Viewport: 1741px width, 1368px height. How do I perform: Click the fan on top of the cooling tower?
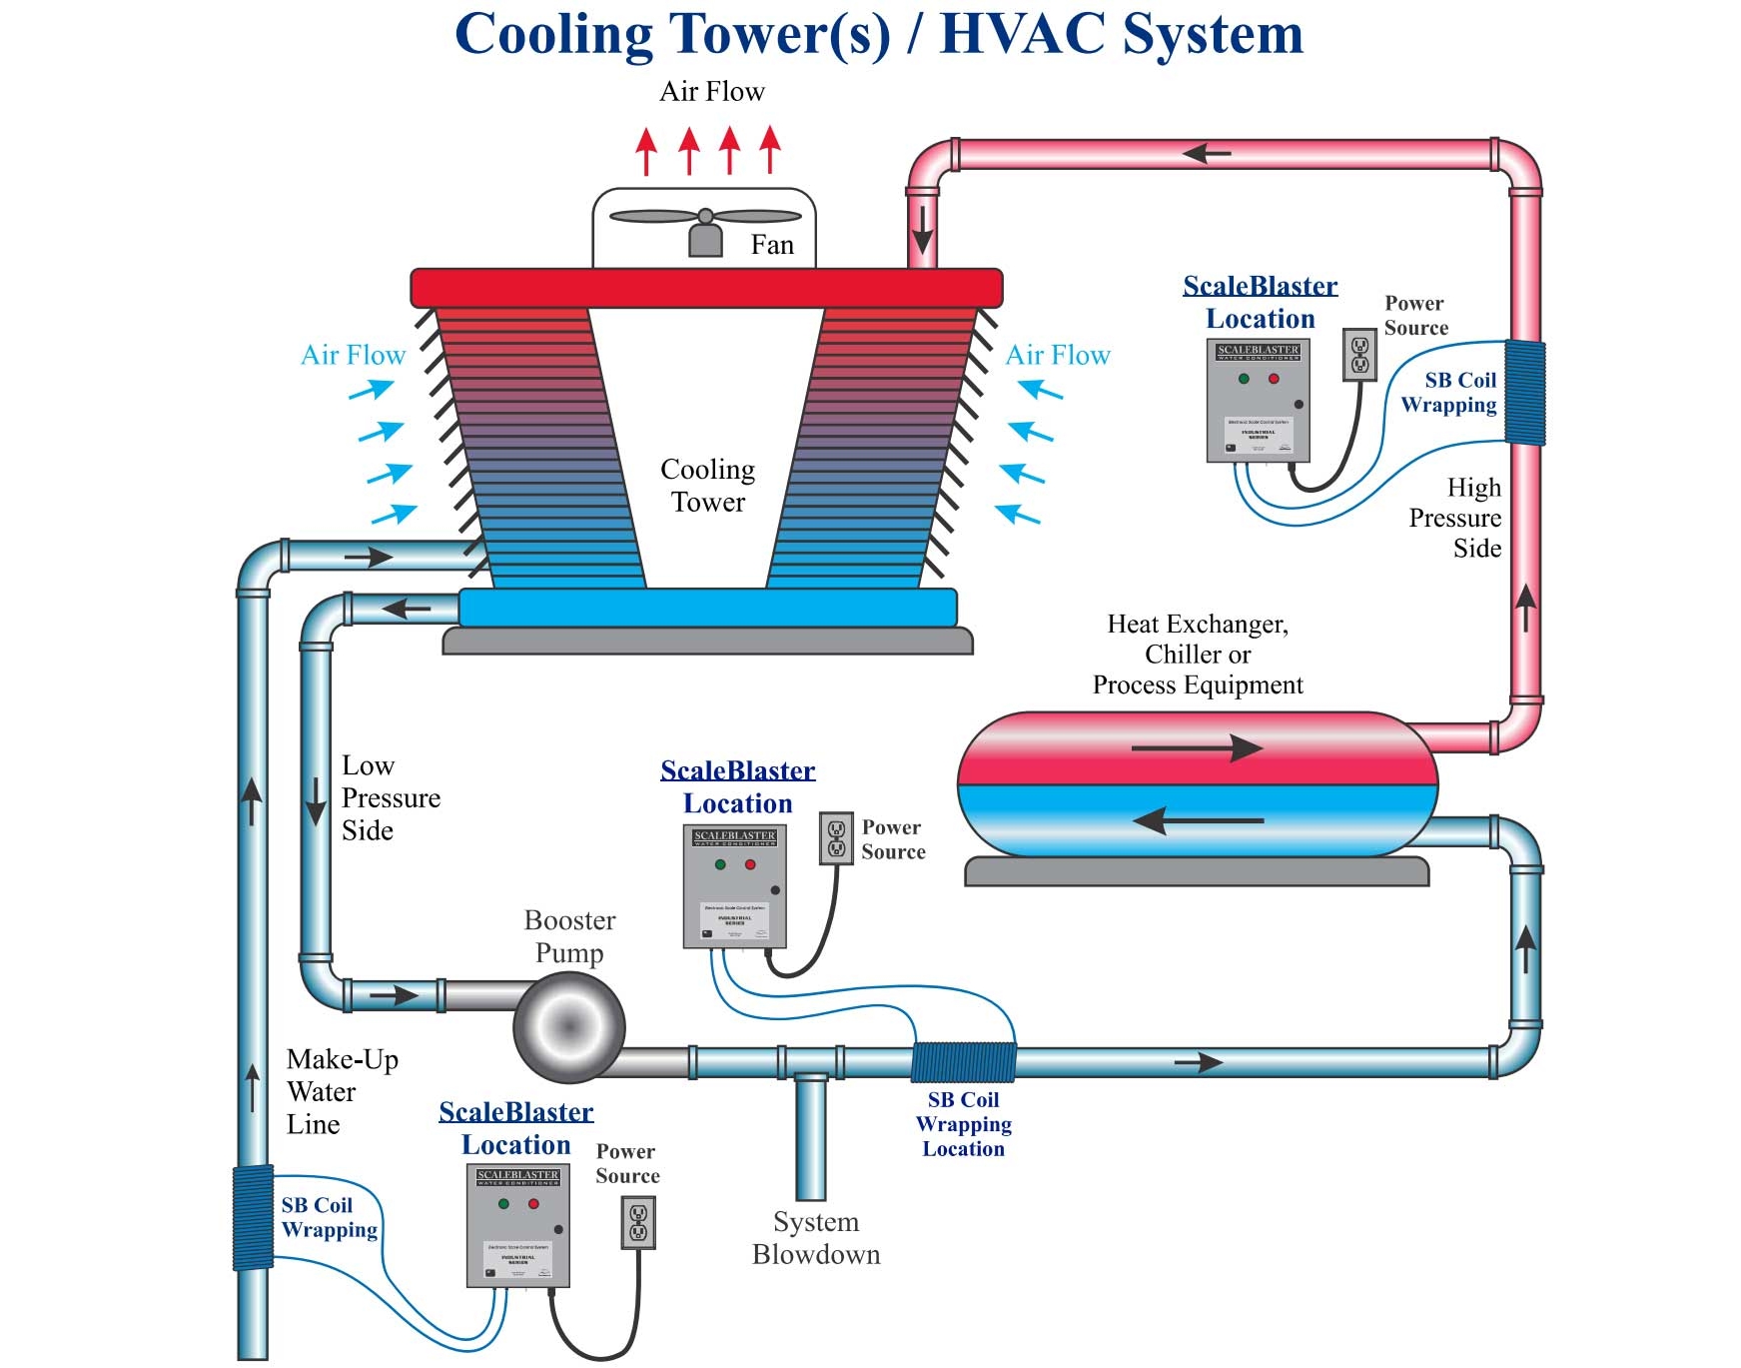(705, 218)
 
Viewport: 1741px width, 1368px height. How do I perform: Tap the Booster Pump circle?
(569, 1026)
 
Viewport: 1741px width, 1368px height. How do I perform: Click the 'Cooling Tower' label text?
(707, 486)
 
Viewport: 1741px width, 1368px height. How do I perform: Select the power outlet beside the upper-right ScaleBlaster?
(1359, 355)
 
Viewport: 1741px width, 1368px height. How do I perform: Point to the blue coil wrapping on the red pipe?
(1525, 392)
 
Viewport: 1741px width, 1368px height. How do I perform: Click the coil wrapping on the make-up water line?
(253, 1217)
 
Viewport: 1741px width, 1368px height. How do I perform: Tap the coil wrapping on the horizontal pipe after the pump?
(964, 1062)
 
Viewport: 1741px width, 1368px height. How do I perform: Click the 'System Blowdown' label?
(816, 1238)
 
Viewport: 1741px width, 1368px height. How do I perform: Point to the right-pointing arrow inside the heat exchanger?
(1197, 747)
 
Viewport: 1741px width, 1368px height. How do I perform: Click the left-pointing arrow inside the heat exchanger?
(1197, 821)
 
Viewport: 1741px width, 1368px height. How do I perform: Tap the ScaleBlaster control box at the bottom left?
(517, 1225)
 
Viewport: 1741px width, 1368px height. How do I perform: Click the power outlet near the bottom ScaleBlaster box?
(638, 1223)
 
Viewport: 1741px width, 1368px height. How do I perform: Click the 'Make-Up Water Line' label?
(341, 1091)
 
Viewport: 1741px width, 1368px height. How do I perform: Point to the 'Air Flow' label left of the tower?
(353, 355)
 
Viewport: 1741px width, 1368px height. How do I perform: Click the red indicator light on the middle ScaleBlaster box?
(750, 864)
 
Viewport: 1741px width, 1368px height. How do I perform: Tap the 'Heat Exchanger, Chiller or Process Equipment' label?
(1197, 655)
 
